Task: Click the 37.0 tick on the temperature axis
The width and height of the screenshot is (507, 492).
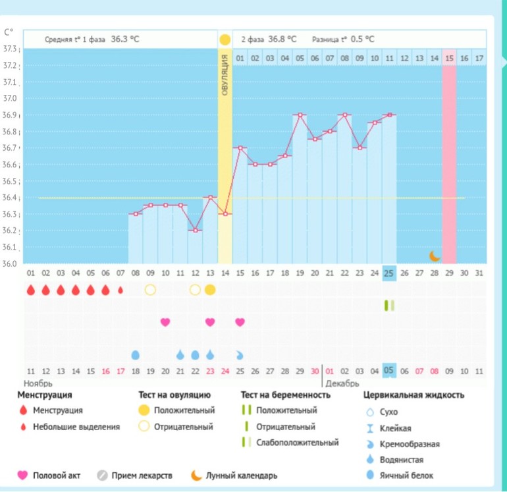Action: pyautogui.click(x=11, y=99)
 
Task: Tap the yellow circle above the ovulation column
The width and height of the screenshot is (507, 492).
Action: pyautogui.click(x=225, y=40)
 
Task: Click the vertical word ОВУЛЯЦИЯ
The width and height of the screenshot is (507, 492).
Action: pyautogui.click(x=225, y=76)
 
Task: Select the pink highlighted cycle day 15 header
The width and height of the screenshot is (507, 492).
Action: pyautogui.click(x=449, y=58)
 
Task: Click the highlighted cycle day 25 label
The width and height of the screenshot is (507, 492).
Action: pyautogui.click(x=389, y=273)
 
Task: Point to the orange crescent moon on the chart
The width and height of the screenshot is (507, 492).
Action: pyautogui.click(x=435, y=256)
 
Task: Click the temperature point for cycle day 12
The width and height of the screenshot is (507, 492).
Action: pyautogui.click(x=196, y=231)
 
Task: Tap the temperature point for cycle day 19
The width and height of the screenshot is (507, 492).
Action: pyautogui.click(x=300, y=115)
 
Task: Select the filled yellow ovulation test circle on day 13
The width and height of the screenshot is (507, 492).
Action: pyautogui.click(x=210, y=290)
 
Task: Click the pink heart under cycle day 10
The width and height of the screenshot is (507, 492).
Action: pyautogui.click(x=165, y=322)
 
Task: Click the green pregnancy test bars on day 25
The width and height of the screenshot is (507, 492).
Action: pyautogui.click(x=389, y=306)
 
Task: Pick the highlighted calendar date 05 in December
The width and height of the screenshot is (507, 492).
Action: pyautogui.click(x=389, y=370)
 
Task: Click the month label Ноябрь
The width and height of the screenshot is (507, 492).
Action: pyautogui.click(x=38, y=383)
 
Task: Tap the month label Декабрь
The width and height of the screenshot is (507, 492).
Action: pyautogui.click(x=342, y=383)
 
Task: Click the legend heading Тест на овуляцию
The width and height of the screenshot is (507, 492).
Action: pyautogui.click(x=174, y=395)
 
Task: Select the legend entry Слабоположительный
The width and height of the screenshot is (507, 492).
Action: pyautogui.click(x=297, y=443)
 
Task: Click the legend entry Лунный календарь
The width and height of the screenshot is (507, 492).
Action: pyautogui.click(x=241, y=476)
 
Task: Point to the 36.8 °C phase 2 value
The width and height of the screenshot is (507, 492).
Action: pyautogui.click(x=282, y=39)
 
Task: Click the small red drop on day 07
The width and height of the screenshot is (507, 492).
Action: pyautogui.click(x=120, y=290)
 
